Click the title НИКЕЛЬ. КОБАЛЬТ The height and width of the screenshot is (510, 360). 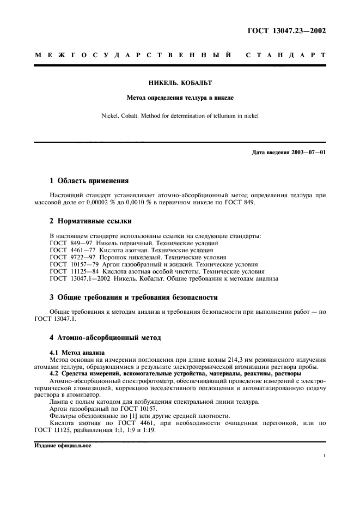[x=180, y=83]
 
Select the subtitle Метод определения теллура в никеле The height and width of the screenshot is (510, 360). [x=180, y=99]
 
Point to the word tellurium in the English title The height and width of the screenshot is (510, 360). [x=214, y=116]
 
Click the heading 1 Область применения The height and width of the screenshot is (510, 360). [x=89, y=180]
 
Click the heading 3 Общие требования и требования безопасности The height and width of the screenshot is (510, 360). [x=133, y=297]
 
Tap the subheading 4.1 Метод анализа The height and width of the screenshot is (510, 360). [x=77, y=353]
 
